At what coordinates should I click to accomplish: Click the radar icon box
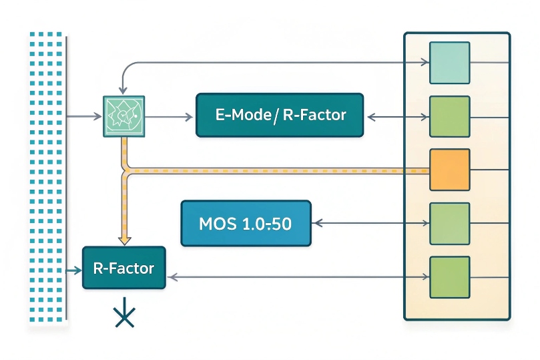click(x=124, y=116)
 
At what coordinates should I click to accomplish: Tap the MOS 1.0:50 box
click(x=246, y=223)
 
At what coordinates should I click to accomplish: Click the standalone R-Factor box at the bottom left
click(x=123, y=268)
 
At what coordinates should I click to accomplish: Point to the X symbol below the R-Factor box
click(x=124, y=317)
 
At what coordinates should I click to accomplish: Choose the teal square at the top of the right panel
click(x=449, y=63)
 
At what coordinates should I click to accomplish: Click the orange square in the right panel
click(x=449, y=170)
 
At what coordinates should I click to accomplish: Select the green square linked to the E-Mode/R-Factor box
click(x=449, y=116)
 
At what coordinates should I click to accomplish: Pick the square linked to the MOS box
click(x=449, y=223)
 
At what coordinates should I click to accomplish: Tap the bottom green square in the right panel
click(x=449, y=277)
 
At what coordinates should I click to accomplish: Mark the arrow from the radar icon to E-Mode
click(x=170, y=116)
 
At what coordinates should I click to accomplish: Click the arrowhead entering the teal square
click(x=425, y=63)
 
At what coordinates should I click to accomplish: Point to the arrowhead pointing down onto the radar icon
click(x=121, y=91)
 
